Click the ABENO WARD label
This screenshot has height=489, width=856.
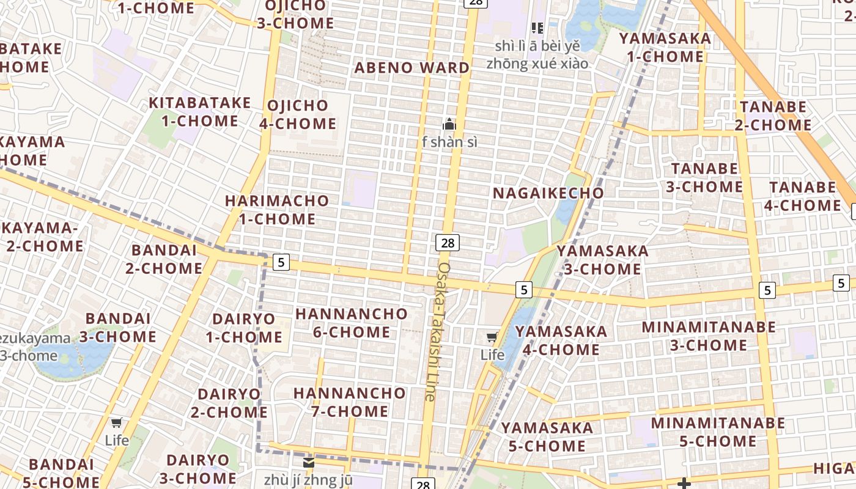pyautogui.click(x=412, y=68)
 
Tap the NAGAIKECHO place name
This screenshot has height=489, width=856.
pyautogui.click(x=548, y=193)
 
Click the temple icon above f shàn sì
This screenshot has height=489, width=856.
pyautogui.click(x=449, y=125)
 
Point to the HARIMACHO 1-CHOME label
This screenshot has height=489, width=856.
pyautogui.click(x=277, y=210)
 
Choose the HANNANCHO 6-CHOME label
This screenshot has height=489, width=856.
pyautogui.click(x=351, y=323)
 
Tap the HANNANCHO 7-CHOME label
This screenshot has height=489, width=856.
pyautogui.click(x=349, y=402)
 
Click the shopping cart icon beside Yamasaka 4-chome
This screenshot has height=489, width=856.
pyautogui.click(x=492, y=337)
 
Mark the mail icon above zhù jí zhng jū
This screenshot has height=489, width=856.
pyautogui.click(x=309, y=462)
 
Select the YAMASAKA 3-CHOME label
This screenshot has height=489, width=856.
pyautogui.click(x=602, y=260)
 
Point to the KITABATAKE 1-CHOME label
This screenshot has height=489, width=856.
pyautogui.click(x=200, y=111)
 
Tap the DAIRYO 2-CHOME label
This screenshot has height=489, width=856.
pyautogui.click(x=229, y=403)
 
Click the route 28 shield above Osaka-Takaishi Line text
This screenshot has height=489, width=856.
pyautogui.click(x=448, y=243)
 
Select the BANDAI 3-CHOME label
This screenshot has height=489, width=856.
pyautogui.click(x=117, y=327)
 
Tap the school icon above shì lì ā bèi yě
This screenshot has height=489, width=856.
pyautogui.click(x=537, y=28)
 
